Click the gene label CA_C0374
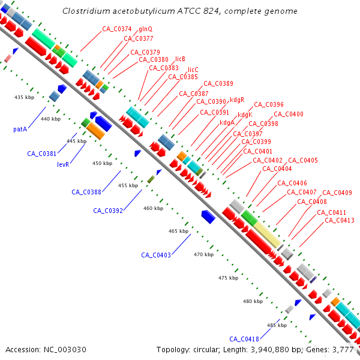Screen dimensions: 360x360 coord(116,29)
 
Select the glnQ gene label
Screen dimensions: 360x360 coord(145,29)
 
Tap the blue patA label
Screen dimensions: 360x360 coord(20,129)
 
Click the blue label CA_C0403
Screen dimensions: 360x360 coord(156,255)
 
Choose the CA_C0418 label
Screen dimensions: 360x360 coord(244,338)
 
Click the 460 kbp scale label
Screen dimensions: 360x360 coord(153,209)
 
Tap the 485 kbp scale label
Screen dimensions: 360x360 coord(277,325)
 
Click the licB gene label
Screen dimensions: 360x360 coord(180,59)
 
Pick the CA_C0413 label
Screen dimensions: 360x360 coord(340,221)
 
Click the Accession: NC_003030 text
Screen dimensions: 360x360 coord(46,349)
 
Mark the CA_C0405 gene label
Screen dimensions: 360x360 coord(303,161)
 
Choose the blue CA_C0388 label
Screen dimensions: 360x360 coord(86,192)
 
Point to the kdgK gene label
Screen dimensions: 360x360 coord(245,115)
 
